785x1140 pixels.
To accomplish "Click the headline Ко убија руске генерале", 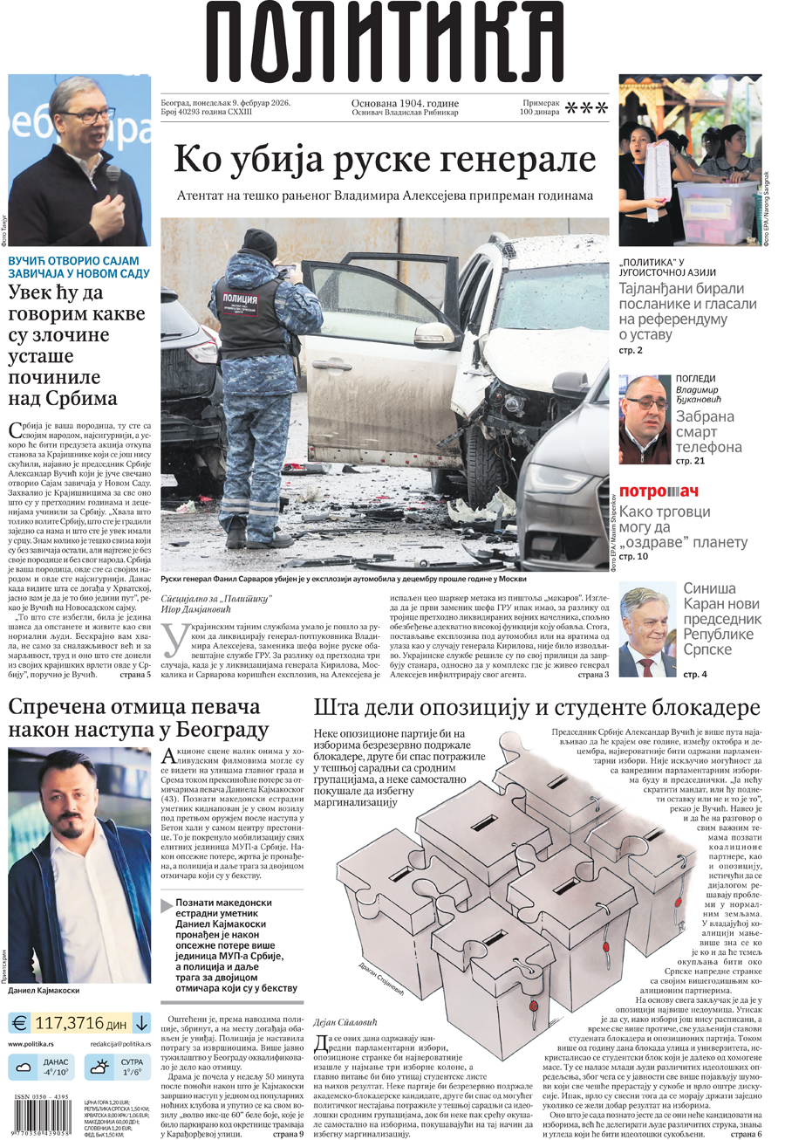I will [x=385, y=159].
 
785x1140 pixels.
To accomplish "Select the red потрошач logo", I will [x=659, y=491].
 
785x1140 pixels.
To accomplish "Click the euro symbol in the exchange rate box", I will [x=20, y=1022].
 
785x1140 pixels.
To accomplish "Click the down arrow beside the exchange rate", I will [x=140, y=1022].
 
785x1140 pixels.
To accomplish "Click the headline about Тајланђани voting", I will [x=688, y=311].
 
